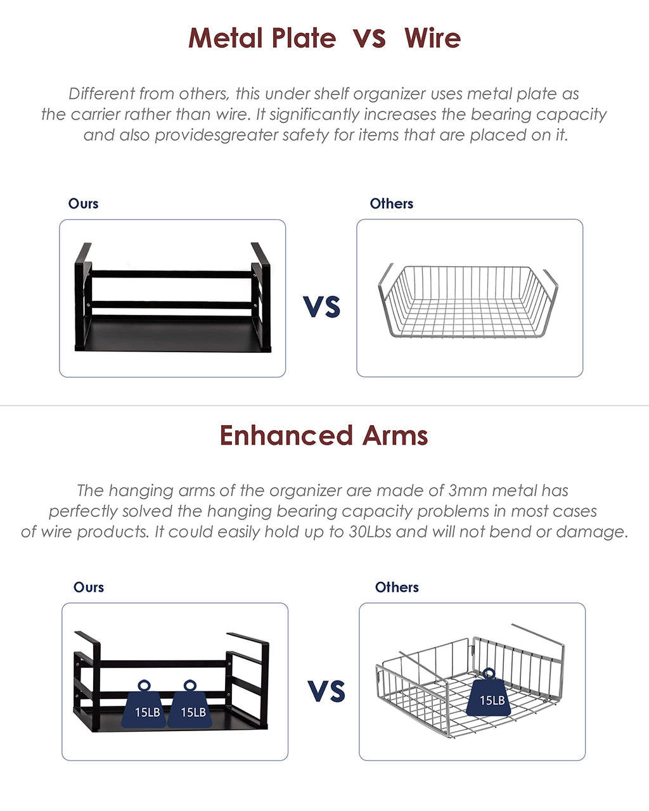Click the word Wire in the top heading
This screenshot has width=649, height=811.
click(x=432, y=38)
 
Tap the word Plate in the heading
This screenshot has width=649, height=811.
click(x=304, y=38)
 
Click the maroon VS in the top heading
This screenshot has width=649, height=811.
click(x=369, y=39)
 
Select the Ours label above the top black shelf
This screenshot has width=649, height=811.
click(x=83, y=203)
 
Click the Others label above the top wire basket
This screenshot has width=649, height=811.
click(x=392, y=203)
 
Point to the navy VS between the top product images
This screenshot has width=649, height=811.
click(x=322, y=307)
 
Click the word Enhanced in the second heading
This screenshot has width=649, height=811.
click(x=286, y=435)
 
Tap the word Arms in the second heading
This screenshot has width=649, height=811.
click(x=395, y=435)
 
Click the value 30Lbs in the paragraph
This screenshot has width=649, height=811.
click(x=370, y=532)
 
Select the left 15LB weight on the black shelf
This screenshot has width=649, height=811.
click(x=144, y=703)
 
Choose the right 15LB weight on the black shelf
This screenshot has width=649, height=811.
click(x=190, y=703)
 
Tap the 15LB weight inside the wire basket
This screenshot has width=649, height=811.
click(x=489, y=692)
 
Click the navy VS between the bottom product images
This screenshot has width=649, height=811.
click(x=326, y=691)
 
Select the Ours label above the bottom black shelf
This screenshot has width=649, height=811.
click(x=89, y=587)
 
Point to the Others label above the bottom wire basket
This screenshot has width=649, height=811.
click(x=397, y=587)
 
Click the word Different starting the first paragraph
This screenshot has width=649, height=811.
click(x=101, y=94)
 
